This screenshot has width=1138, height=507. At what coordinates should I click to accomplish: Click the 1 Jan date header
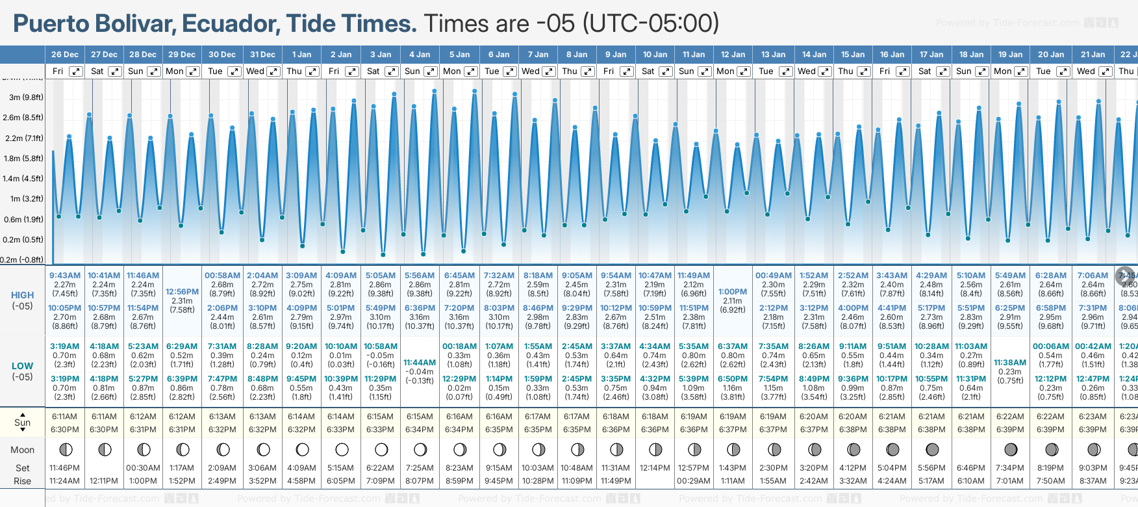(x=301, y=55)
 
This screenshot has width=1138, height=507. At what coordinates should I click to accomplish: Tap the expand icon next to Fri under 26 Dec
(x=76, y=71)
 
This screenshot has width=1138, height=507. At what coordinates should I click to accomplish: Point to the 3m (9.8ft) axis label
(x=26, y=97)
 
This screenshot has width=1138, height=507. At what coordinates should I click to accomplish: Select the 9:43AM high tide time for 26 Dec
(x=65, y=276)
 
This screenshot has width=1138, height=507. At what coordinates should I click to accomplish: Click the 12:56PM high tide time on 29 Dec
(x=182, y=292)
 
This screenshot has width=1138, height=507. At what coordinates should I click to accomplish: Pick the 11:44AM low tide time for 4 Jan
(x=420, y=363)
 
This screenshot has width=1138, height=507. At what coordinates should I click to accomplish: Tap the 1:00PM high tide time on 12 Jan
(x=733, y=292)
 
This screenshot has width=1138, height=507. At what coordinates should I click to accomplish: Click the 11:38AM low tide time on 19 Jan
(x=1010, y=363)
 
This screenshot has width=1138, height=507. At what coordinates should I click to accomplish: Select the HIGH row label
(x=22, y=295)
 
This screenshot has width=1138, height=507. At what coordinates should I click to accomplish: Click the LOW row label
(x=22, y=366)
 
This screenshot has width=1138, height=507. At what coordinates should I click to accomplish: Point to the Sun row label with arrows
(x=22, y=422)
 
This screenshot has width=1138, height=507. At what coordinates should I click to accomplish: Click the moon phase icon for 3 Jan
(x=381, y=450)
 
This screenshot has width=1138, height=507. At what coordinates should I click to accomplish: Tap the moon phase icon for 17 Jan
(x=932, y=450)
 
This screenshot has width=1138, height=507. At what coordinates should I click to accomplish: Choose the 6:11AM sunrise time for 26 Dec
(x=65, y=417)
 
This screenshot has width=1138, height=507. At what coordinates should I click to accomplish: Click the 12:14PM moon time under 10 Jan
(x=655, y=468)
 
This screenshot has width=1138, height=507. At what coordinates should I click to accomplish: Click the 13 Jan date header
(x=774, y=55)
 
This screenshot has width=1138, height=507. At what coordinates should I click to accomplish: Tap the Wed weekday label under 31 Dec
(x=255, y=71)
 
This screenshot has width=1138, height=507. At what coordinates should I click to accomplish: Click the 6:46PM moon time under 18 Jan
(x=971, y=468)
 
